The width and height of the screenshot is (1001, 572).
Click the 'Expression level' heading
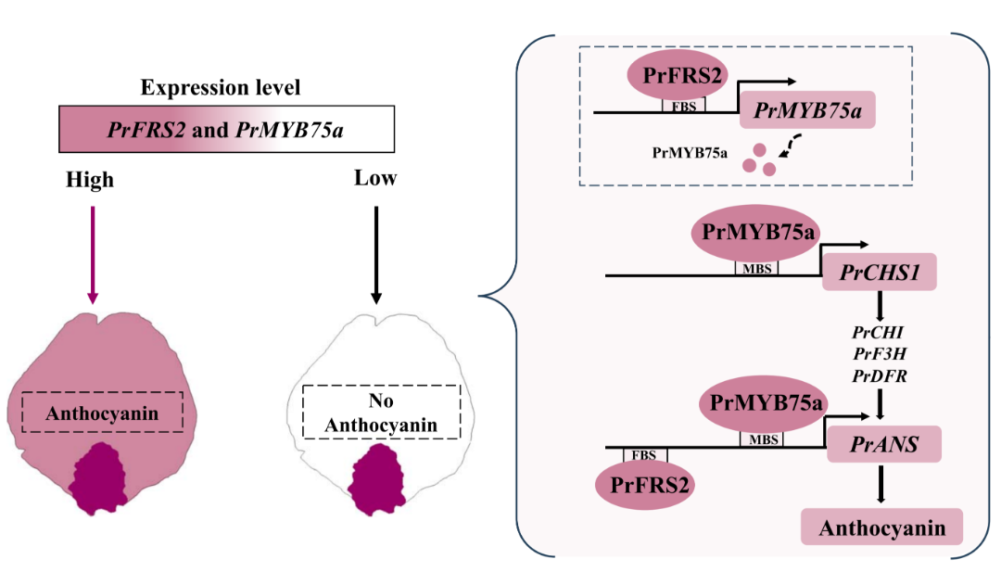pyautogui.click(x=220, y=88)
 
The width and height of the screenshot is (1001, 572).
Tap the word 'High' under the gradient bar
pyautogui.click(x=90, y=179)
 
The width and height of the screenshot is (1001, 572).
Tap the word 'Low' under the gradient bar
pyautogui.click(x=375, y=177)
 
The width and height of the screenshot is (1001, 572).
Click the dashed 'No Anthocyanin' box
pyautogui.click(x=382, y=412)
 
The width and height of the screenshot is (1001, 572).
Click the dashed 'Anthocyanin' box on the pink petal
pyautogui.click(x=103, y=413)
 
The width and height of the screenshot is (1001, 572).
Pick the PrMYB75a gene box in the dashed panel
pyautogui.click(x=807, y=110)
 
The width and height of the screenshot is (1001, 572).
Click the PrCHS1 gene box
pyautogui.click(x=879, y=272)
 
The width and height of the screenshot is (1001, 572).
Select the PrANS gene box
pyautogui.click(x=884, y=445)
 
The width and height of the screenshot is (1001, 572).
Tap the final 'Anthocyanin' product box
pyautogui.click(x=881, y=528)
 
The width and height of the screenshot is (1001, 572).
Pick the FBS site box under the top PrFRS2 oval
pyautogui.click(x=684, y=106)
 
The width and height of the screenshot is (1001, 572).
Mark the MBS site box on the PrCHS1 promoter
pyautogui.click(x=756, y=269)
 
